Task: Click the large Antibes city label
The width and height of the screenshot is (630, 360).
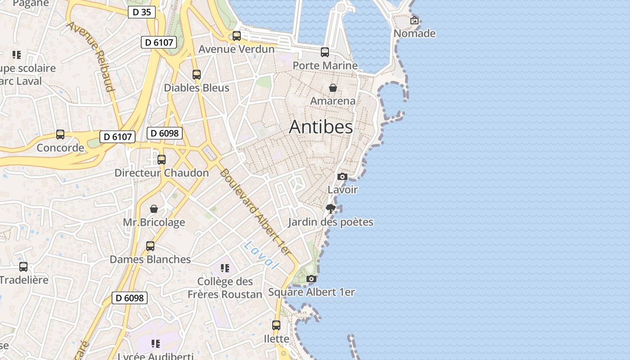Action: pyautogui.click(x=321, y=127)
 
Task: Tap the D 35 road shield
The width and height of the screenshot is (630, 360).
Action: pyautogui.click(x=142, y=12)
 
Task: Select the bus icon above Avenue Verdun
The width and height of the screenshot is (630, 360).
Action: pyautogui.click(x=237, y=36)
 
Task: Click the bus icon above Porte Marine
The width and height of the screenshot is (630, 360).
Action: pyautogui.click(x=325, y=52)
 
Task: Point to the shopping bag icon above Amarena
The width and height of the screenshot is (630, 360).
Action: pyautogui.click(x=333, y=88)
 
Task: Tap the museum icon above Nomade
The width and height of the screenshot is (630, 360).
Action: pyautogui.click(x=414, y=20)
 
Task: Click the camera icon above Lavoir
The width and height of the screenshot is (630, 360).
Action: pyautogui.click(x=342, y=176)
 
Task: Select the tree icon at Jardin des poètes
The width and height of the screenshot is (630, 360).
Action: pyautogui.click(x=331, y=208)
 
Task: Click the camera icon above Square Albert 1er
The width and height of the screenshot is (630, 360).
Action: pyautogui.click(x=311, y=279)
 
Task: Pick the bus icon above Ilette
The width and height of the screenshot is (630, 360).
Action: pyautogui.click(x=276, y=325)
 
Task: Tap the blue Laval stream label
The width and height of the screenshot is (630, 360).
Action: pyautogui.click(x=260, y=255)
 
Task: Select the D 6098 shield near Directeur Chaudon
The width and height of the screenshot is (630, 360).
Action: pyautogui.click(x=165, y=133)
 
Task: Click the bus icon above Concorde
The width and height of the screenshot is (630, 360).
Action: pyautogui.click(x=60, y=135)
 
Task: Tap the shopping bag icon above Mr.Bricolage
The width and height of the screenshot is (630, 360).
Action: pyautogui.click(x=154, y=209)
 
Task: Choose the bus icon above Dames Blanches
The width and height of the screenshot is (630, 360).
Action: pyautogui.click(x=150, y=246)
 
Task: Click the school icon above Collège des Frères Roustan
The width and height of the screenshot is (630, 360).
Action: pyautogui.click(x=225, y=269)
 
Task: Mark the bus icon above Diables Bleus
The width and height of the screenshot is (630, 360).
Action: pyautogui.click(x=197, y=75)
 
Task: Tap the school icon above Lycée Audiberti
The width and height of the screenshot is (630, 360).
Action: pyautogui.click(x=156, y=344)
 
